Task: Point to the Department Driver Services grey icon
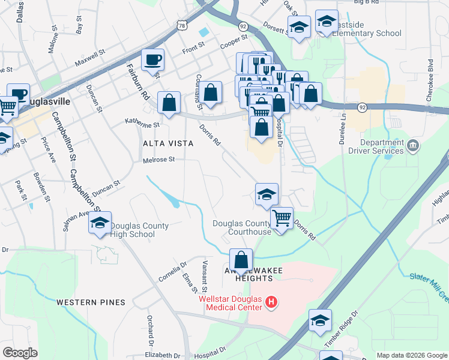tap(412, 145)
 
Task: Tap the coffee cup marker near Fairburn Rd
tap(152, 60)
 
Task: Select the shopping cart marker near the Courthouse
tap(282, 217)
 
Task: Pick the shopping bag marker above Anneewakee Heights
tap(241, 260)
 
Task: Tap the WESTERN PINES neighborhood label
tap(91, 302)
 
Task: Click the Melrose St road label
tap(158, 160)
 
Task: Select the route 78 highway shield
tap(183, 25)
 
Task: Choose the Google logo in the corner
tap(20, 353)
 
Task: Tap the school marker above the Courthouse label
tap(267, 194)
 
